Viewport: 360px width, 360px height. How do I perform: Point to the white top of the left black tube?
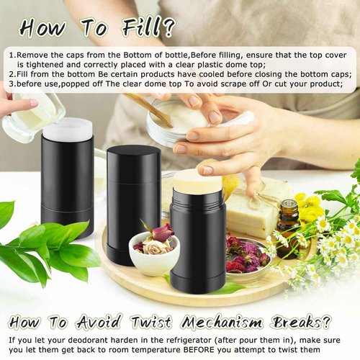(68, 130)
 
